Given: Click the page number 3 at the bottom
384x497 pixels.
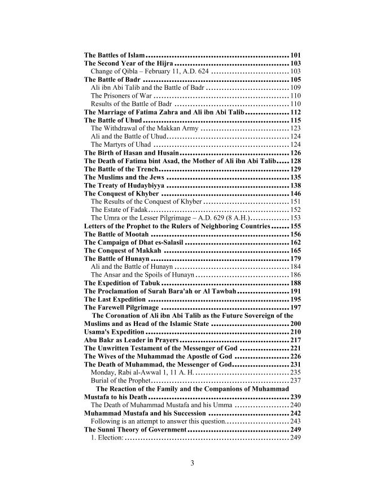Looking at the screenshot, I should [192, 464].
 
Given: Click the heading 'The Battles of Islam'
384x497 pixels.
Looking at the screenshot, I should [114, 55].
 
